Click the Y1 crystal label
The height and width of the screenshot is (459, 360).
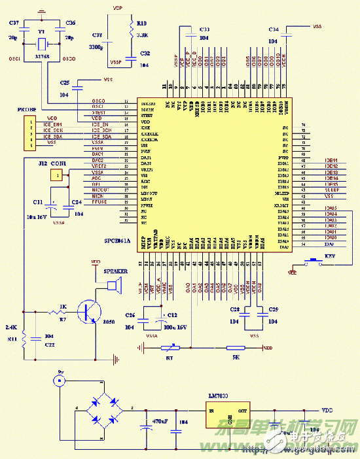pyautogui.click(x=41, y=31)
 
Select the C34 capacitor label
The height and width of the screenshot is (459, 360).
pyautogui.click(x=274, y=30)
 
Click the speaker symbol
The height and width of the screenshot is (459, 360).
pyautogui.click(x=114, y=285)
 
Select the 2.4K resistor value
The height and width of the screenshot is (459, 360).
pyautogui.click(x=11, y=327)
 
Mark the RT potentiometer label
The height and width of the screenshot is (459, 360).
pyautogui.click(x=168, y=358)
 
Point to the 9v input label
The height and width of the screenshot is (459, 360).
pyautogui.click(x=61, y=371)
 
